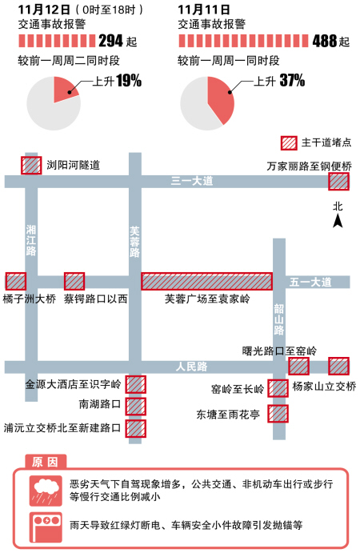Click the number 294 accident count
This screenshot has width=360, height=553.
point(110,41)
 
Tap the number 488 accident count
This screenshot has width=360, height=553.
point(324,41)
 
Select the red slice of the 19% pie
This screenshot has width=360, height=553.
point(64,89)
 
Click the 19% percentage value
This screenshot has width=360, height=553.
point(129,81)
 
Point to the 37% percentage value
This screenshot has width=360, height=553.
point(292,80)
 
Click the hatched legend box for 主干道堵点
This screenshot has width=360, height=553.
point(289,143)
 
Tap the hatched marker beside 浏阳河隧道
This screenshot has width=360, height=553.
point(31,165)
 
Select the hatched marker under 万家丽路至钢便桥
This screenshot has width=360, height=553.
point(339,182)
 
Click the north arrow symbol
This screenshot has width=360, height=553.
point(338,221)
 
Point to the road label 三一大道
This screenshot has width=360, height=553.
point(192,181)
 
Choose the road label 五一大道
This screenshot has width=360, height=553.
point(310,283)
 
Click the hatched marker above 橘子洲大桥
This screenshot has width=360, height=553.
point(16,282)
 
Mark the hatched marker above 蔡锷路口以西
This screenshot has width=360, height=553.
point(74,282)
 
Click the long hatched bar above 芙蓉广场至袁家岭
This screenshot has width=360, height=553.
point(207,282)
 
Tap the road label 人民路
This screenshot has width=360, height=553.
point(191,367)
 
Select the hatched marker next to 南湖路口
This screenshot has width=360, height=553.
point(136,407)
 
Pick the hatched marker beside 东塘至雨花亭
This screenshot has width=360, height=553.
point(278,414)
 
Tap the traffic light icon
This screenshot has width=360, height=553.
point(46,527)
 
